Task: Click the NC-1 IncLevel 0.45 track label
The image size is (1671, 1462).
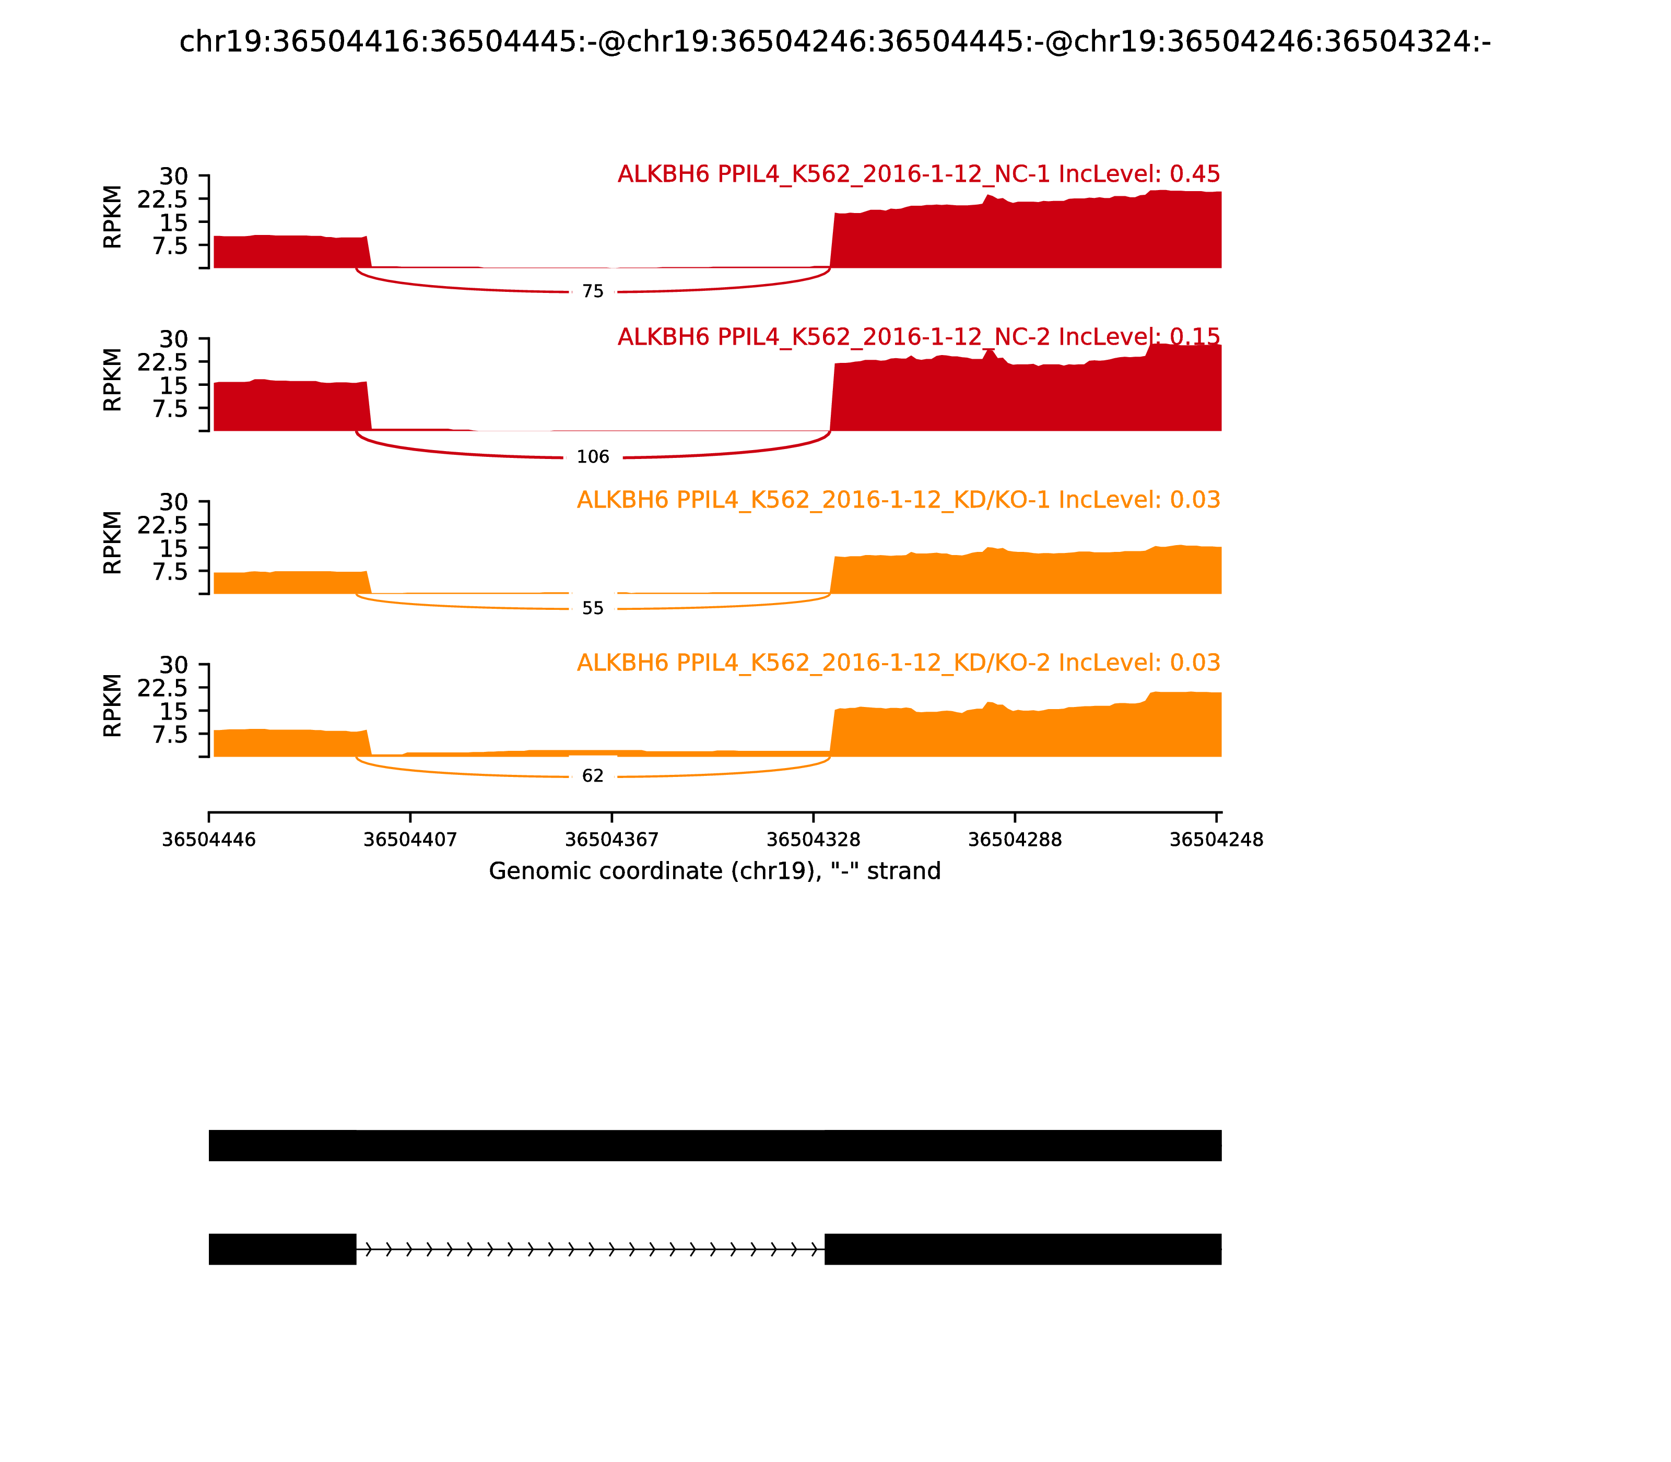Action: (x=918, y=174)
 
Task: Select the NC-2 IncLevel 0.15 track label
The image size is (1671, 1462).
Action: (x=918, y=336)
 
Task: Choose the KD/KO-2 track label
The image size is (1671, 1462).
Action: (x=898, y=663)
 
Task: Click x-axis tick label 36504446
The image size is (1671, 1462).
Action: (x=209, y=840)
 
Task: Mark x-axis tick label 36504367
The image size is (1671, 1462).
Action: (x=612, y=840)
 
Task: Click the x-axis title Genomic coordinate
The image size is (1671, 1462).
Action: (x=715, y=871)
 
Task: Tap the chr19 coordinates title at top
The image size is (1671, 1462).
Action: (x=834, y=42)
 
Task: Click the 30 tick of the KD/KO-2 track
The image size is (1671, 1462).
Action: (x=173, y=665)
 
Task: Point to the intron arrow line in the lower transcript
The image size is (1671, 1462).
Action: (x=590, y=1249)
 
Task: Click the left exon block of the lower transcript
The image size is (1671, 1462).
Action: (x=283, y=1249)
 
